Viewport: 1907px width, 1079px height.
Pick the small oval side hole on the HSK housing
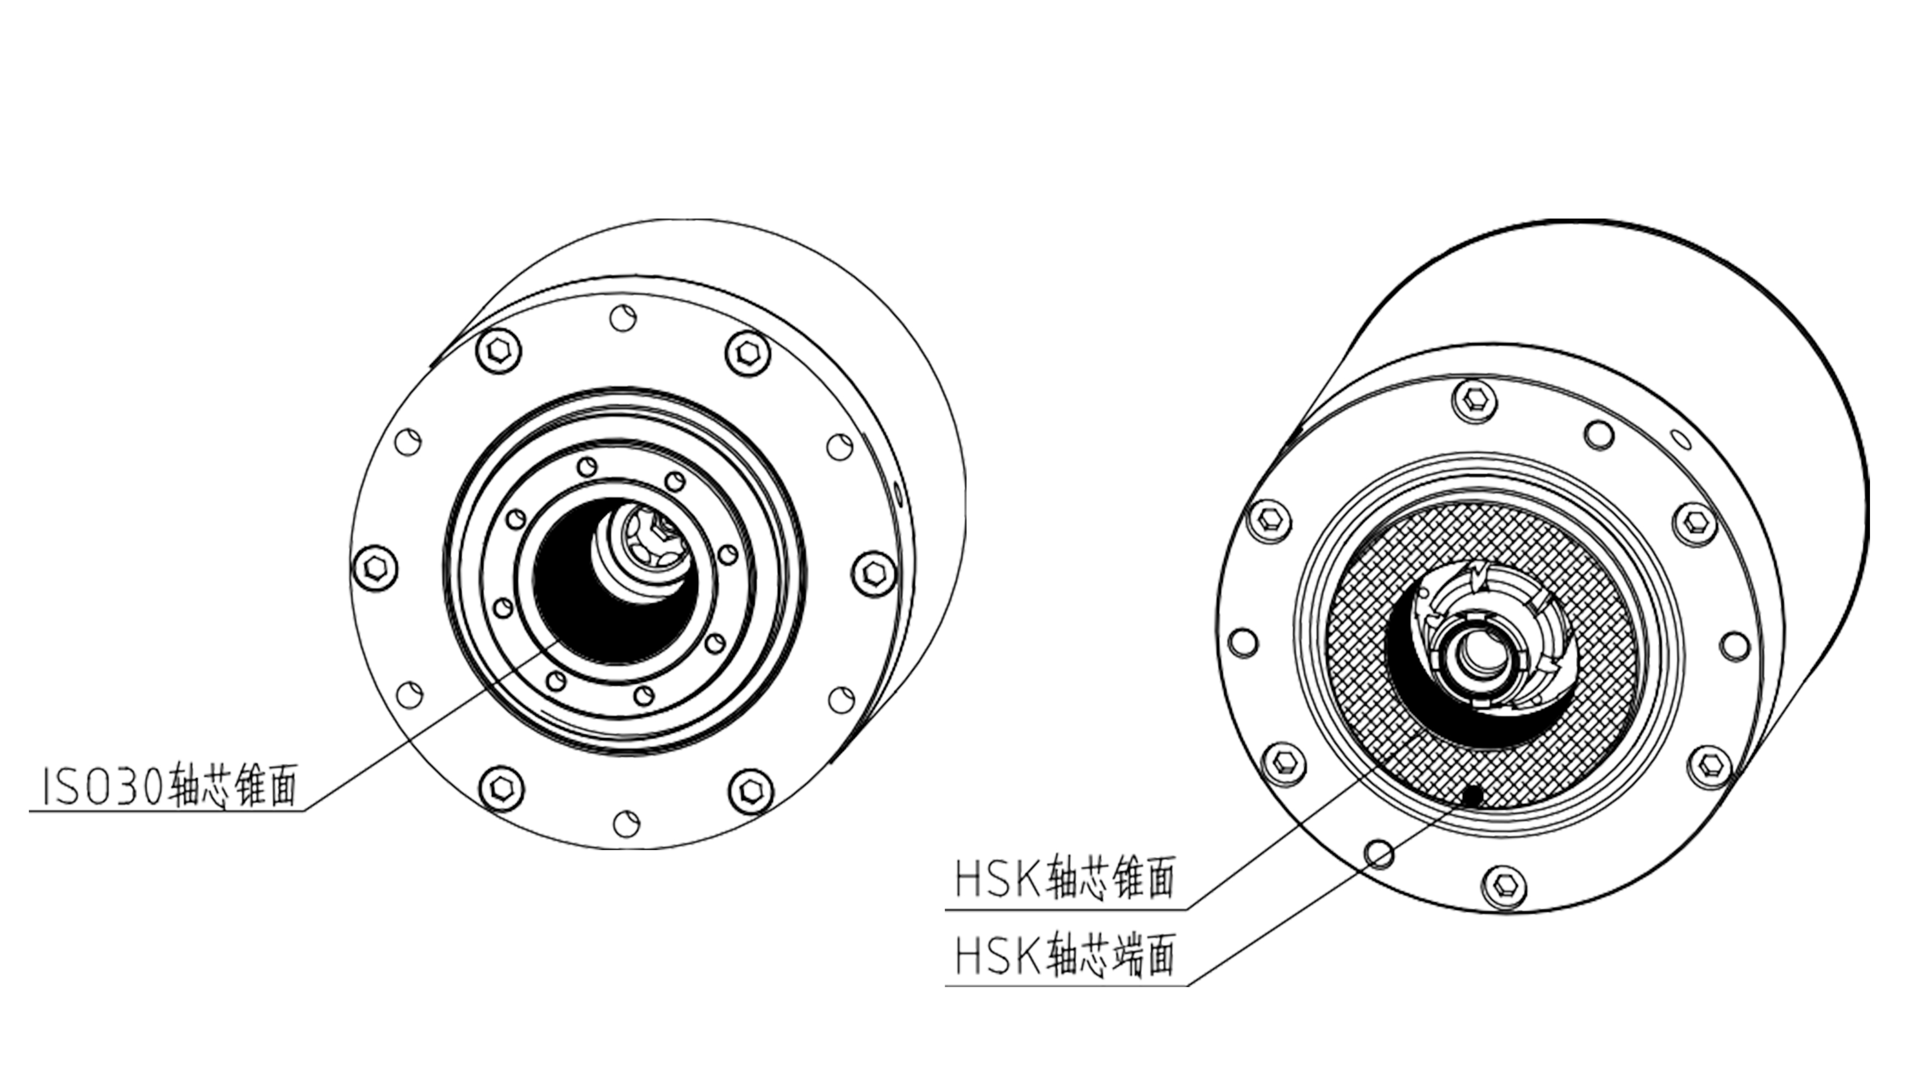coord(1682,440)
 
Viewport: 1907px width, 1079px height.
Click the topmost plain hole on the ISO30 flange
coord(623,318)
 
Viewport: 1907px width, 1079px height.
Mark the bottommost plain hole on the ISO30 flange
coord(627,822)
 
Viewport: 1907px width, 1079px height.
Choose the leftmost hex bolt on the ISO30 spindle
coord(375,569)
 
